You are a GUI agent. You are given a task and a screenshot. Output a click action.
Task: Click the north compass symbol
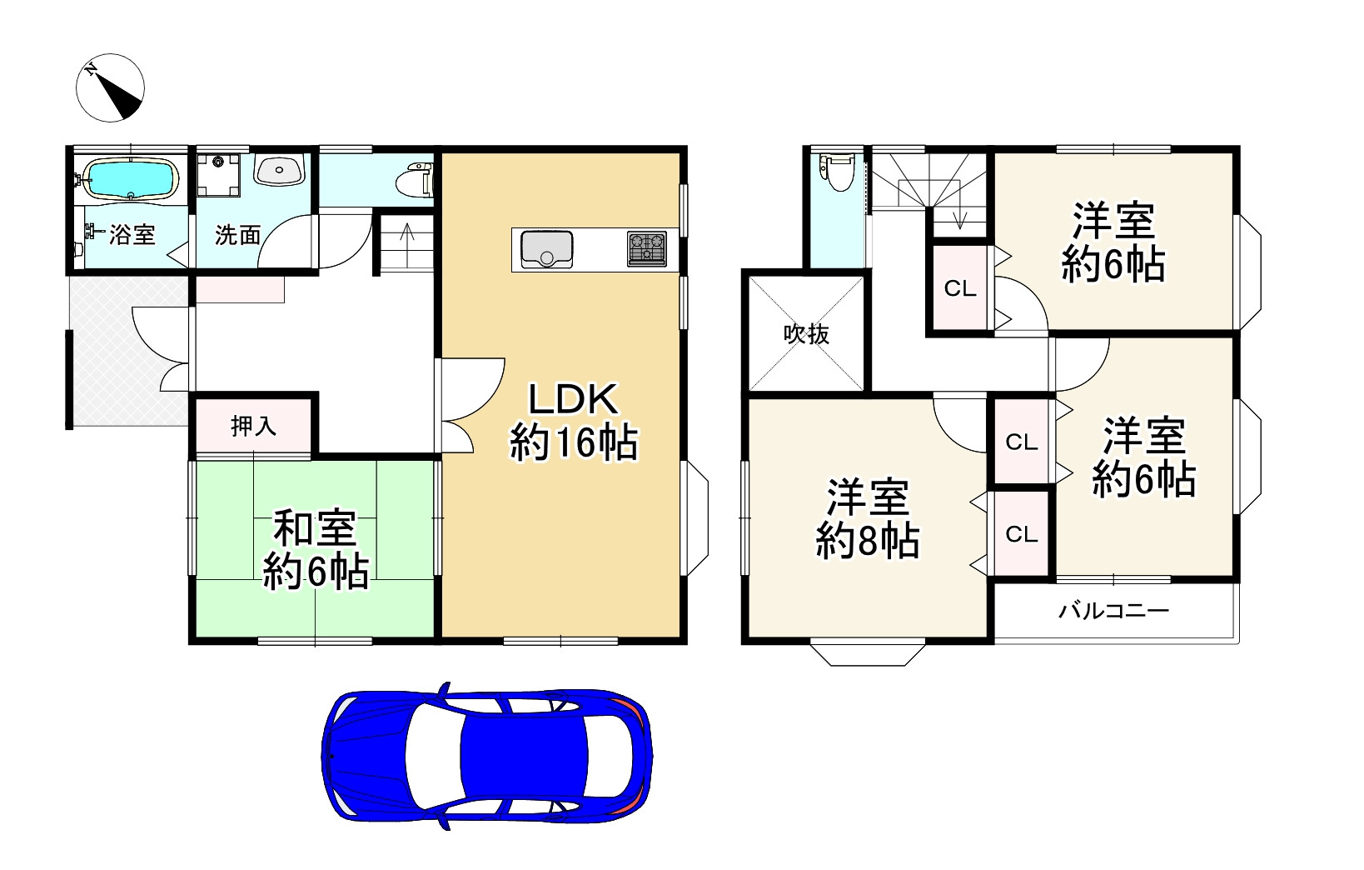coord(110,87)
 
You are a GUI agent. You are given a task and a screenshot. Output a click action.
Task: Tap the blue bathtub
coord(131,179)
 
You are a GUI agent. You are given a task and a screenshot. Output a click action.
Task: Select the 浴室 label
coord(132,234)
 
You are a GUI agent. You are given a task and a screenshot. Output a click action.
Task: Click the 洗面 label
coord(237,235)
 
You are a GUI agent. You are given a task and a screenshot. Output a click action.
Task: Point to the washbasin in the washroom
coord(279,169)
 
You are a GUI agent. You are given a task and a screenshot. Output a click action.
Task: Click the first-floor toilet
coord(415,180)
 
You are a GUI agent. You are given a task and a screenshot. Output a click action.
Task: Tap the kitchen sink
coord(546,249)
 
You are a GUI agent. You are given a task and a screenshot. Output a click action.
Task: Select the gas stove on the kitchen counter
coord(647,249)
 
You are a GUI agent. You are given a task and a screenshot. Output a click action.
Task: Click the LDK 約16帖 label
coord(573,421)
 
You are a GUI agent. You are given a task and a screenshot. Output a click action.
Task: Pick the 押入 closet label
coord(253,426)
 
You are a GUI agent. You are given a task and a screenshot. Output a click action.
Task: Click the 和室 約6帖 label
coord(315,550)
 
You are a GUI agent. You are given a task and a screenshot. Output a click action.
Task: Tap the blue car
coord(487,756)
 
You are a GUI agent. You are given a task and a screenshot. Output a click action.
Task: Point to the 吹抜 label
coord(806,334)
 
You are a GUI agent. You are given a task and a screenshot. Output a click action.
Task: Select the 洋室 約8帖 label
coord(868,519)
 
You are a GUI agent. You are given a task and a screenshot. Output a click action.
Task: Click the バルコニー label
coord(1113,611)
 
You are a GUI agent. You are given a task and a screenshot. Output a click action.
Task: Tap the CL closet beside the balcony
coord(1022,534)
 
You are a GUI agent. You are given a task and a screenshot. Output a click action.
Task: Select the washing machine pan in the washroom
coord(218,176)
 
